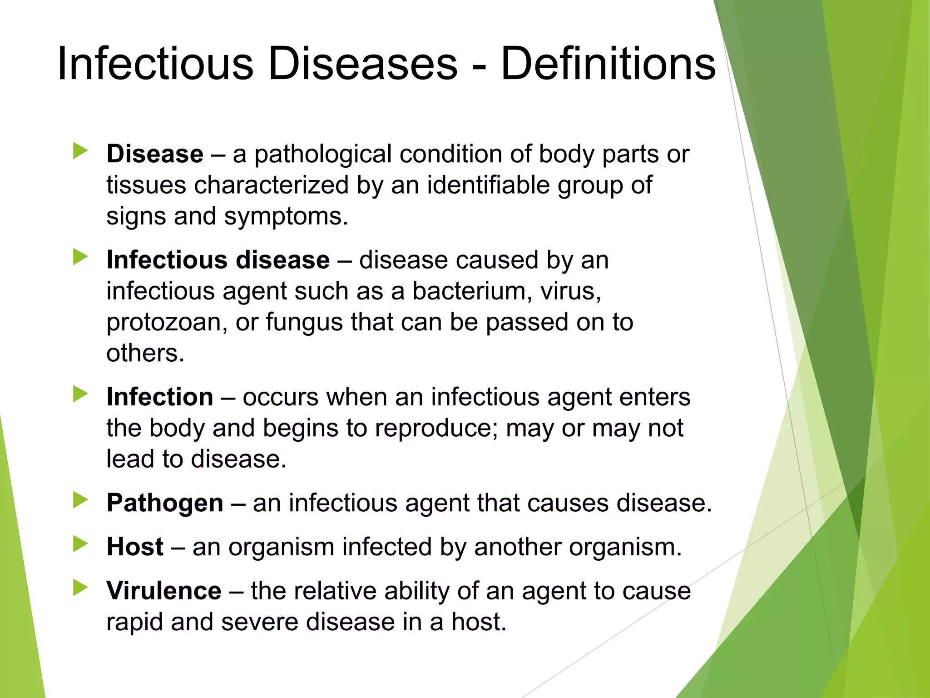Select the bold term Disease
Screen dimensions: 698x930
(155, 154)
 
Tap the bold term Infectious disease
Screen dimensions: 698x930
(218, 260)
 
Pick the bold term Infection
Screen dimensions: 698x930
(160, 397)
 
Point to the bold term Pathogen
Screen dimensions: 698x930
(165, 503)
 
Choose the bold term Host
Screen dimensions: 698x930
(135, 547)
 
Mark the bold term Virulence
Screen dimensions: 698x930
(164, 591)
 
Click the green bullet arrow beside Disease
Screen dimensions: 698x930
(80, 151)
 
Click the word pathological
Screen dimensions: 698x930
(323, 155)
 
